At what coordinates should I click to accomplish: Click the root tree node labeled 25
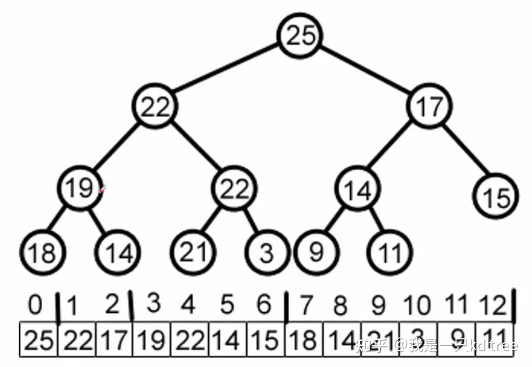click(x=300, y=36)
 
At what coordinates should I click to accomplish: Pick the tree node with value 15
click(x=496, y=198)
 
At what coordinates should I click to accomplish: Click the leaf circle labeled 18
click(x=42, y=252)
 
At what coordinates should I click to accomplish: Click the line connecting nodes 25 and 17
click(x=365, y=71)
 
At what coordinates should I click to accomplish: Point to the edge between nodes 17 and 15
click(x=464, y=153)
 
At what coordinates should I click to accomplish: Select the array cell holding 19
click(x=152, y=340)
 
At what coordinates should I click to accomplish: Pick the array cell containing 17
click(x=114, y=340)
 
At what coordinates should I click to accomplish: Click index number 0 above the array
click(x=35, y=305)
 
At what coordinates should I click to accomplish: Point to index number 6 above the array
click(x=264, y=305)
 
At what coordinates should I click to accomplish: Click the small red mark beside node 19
click(x=102, y=189)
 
